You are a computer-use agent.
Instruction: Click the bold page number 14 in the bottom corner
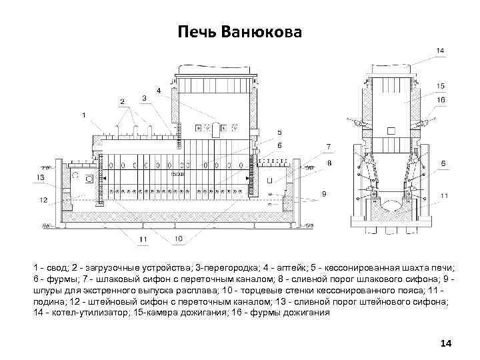(446, 343)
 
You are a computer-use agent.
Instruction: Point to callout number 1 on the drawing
(84, 115)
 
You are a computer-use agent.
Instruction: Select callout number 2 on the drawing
(122, 101)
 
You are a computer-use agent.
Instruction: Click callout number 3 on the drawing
(144, 98)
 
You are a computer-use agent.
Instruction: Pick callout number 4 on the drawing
(158, 89)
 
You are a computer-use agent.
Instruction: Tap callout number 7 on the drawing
(328, 145)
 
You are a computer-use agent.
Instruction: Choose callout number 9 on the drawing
(324, 194)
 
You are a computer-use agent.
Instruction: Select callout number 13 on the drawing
(41, 177)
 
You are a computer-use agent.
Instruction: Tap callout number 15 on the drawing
(441, 85)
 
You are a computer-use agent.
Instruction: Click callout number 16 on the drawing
(441, 100)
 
